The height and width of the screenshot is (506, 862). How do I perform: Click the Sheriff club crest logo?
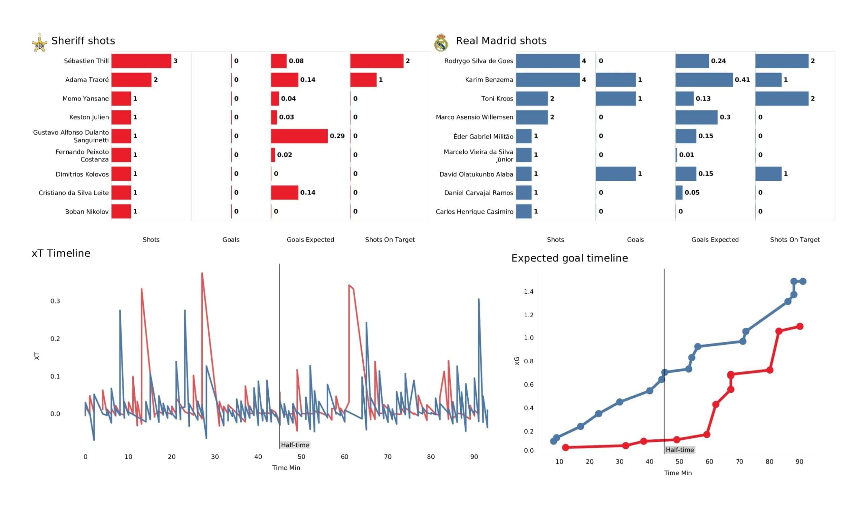pyautogui.click(x=40, y=43)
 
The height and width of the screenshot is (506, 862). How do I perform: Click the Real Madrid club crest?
pyautogui.click(x=441, y=43)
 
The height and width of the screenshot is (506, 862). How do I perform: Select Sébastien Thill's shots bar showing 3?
pyautogui.click(x=141, y=61)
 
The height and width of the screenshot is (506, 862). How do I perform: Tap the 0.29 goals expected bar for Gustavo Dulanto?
pyautogui.click(x=299, y=136)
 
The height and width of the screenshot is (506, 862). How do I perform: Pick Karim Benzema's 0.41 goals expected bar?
pyautogui.click(x=704, y=80)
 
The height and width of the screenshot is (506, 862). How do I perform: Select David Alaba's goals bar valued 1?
pyautogui.click(x=616, y=174)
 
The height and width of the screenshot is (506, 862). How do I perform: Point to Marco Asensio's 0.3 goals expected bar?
pyautogui.click(x=696, y=117)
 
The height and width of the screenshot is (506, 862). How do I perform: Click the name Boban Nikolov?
pyautogui.click(x=87, y=212)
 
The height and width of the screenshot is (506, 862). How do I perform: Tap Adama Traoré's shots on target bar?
pyautogui.click(x=363, y=80)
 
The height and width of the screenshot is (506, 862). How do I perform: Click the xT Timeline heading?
pyautogui.click(x=61, y=253)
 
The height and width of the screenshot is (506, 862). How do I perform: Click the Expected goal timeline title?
pyautogui.click(x=569, y=258)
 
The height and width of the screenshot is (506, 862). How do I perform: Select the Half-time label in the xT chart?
pyautogui.click(x=295, y=445)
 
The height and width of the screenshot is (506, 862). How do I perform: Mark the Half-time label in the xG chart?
pyautogui.click(x=679, y=450)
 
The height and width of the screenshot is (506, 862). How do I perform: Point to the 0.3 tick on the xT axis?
pyautogui.click(x=55, y=301)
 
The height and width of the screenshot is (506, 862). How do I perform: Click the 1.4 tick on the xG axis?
pyautogui.click(x=528, y=292)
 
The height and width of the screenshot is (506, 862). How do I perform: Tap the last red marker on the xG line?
pyautogui.click(x=799, y=326)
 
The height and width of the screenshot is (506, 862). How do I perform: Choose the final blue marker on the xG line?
pyautogui.click(x=803, y=281)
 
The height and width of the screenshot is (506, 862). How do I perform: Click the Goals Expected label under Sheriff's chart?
pyautogui.click(x=310, y=240)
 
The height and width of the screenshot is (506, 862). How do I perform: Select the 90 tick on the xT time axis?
pyautogui.click(x=474, y=457)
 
